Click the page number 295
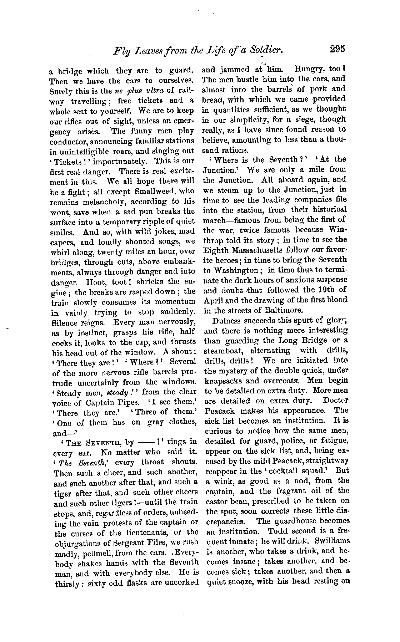pos(338,49)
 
